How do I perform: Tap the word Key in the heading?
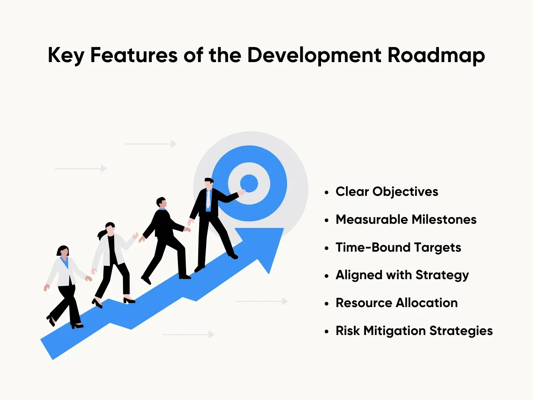coord(66,56)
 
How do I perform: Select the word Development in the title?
coord(314,56)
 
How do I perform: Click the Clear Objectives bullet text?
coord(387,192)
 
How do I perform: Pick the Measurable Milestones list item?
coord(406,220)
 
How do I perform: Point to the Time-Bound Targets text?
coord(398,247)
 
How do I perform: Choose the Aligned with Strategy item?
coord(402,275)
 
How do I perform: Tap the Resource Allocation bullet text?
coord(396,303)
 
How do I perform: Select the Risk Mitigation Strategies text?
coord(414,331)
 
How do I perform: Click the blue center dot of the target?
coord(249,183)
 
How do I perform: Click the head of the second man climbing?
coord(161,203)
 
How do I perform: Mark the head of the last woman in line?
coord(63,251)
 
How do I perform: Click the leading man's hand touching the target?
coord(241,192)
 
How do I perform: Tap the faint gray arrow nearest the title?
coord(151,144)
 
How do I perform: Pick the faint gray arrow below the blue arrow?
coord(188,335)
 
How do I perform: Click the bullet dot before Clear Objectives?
coord(326,192)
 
